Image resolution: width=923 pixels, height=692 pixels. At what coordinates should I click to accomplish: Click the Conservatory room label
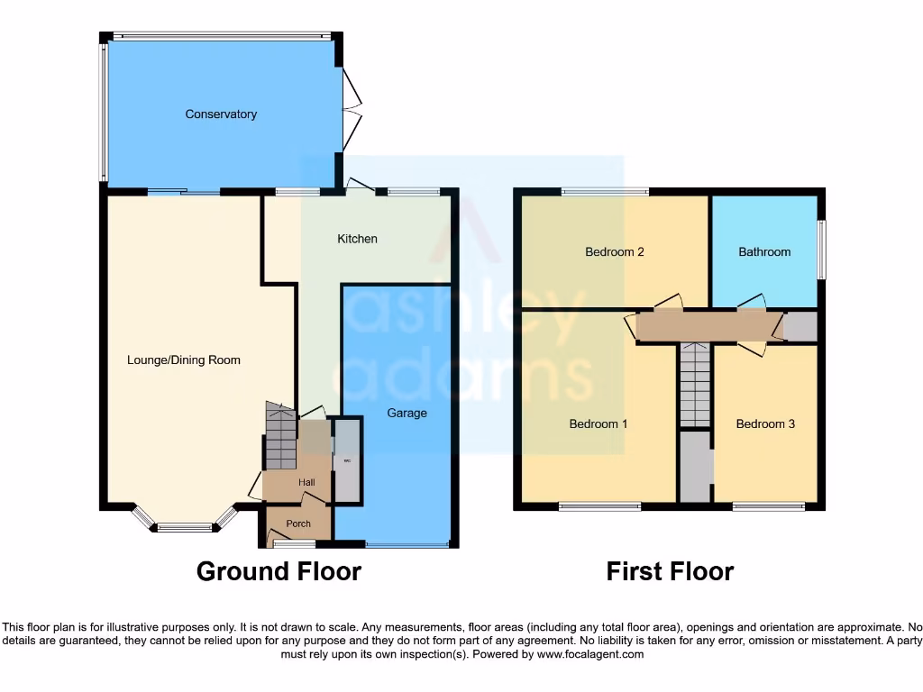click(x=221, y=114)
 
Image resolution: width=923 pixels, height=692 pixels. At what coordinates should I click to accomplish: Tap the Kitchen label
click(x=357, y=239)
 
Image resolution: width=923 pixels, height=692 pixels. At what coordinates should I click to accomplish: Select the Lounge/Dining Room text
click(x=184, y=360)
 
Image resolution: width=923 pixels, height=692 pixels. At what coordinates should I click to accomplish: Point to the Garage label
click(x=407, y=414)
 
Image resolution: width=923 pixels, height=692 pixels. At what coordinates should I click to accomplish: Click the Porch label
click(x=298, y=524)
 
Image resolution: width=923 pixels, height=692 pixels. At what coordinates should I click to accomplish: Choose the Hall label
click(x=307, y=483)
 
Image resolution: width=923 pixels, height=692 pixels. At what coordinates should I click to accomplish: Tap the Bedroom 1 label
click(x=598, y=423)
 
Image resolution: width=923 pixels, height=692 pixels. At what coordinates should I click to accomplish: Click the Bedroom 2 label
click(x=614, y=252)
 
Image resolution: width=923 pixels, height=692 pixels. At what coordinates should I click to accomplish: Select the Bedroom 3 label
click(x=765, y=423)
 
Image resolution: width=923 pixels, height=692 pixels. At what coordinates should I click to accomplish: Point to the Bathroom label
click(x=764, y=252)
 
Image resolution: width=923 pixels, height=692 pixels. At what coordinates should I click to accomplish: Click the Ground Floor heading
click(x=279, y=571)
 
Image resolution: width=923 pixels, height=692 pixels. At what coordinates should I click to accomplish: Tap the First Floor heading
click(x=670, y=571)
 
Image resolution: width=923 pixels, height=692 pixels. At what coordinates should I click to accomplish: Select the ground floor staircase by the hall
click(x=280, y=436)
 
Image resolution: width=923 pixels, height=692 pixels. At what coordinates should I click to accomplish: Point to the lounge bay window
click(x=185, y=525)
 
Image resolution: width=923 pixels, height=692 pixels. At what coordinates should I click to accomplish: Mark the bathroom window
click(x=821, y=250)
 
